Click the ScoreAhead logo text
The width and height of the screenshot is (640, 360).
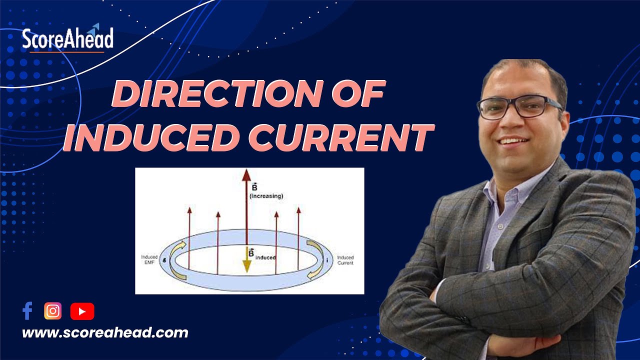pyautogui.click(x=67, y=39)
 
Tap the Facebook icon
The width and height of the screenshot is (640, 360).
pyautogui.click(x=27, y=311)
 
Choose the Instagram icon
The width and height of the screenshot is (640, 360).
pyautogui.click(x=52, y=311)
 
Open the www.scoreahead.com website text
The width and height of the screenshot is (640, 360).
pyautogui.click(x=105, y=333)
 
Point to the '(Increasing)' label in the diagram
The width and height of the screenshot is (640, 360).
pyautogui.click(x=266, y=196)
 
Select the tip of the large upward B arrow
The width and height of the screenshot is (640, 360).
pyautogui.click(x=246, y=174)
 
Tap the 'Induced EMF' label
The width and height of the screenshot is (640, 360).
pyautogui.click(x=149, y=260)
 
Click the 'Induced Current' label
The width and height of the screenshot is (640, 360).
pyautogui.click(x=345, y=260)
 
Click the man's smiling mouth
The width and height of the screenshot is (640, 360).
pyautogui.click(x=515, y=141)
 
